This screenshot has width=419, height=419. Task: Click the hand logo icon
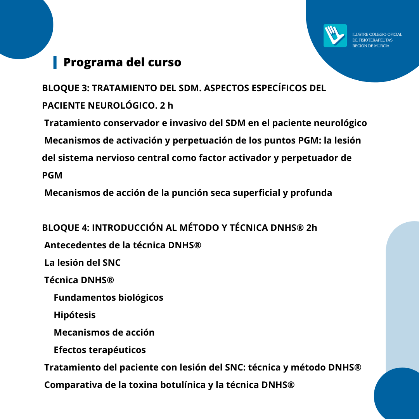(335, 36)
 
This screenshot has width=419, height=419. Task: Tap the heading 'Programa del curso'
(122, 62)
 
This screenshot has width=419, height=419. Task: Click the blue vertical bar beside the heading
(55, 62)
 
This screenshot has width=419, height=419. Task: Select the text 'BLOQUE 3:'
(66, 88)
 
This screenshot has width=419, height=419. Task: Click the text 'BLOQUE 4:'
(66, 228)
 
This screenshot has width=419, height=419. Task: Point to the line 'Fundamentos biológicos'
(108, 298)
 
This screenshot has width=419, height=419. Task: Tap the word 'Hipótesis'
(74, 315)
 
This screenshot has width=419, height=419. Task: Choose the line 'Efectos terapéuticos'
(100, 350)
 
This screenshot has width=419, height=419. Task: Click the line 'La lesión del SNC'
(82, 263)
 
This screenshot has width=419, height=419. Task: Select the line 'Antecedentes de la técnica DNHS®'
(123, 245)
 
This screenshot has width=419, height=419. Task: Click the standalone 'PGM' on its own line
(52, 175)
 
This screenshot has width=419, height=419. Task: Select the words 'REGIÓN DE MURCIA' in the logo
(371, 46)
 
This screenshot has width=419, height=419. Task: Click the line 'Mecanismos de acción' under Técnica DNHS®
(104, 332)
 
